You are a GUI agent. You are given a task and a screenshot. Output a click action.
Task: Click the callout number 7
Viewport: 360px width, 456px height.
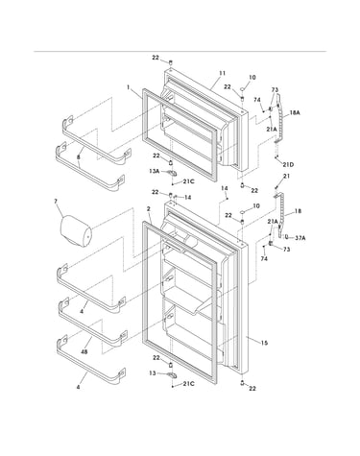[x=56, y=202]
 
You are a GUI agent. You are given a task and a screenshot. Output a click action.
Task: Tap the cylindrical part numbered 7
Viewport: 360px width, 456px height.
[x=76, y=231]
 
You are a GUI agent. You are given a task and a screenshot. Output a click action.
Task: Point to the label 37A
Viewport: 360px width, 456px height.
[x=300, y=238]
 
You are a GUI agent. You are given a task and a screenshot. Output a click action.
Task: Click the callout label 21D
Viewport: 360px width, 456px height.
[x=288, y=164]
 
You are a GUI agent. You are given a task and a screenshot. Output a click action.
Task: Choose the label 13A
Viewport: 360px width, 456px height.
[x=154, y=171]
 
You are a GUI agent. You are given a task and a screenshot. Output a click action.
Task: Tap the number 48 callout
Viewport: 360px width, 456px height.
[x=84, y=352]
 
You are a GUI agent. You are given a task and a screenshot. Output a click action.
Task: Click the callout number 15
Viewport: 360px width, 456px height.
[x=264, y=343]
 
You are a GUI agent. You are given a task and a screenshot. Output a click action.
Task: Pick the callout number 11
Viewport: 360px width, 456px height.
[x=222, y=73]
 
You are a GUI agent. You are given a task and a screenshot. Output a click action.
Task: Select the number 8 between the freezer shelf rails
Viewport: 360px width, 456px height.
[x=79, y=157]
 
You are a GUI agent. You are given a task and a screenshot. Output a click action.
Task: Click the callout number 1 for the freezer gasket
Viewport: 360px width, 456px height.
[x=129, y=87]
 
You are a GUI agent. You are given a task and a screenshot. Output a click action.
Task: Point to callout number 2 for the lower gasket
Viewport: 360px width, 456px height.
[x=148, y=208]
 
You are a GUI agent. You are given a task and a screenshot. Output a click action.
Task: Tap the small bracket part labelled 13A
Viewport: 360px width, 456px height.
[x=173, y=173]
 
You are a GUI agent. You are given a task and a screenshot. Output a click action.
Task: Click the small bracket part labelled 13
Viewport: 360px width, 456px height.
[x=173, y=375]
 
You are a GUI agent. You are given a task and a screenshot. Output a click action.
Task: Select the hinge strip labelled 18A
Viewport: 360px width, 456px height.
[x=278, y=118]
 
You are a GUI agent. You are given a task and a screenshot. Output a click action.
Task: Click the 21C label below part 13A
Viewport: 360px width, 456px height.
[x=189, y=181]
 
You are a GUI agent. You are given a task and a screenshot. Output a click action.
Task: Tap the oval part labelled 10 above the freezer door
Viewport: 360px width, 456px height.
[x=243, y=88]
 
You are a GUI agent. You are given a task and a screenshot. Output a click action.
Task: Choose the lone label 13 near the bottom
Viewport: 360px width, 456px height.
[x=153, y=373]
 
